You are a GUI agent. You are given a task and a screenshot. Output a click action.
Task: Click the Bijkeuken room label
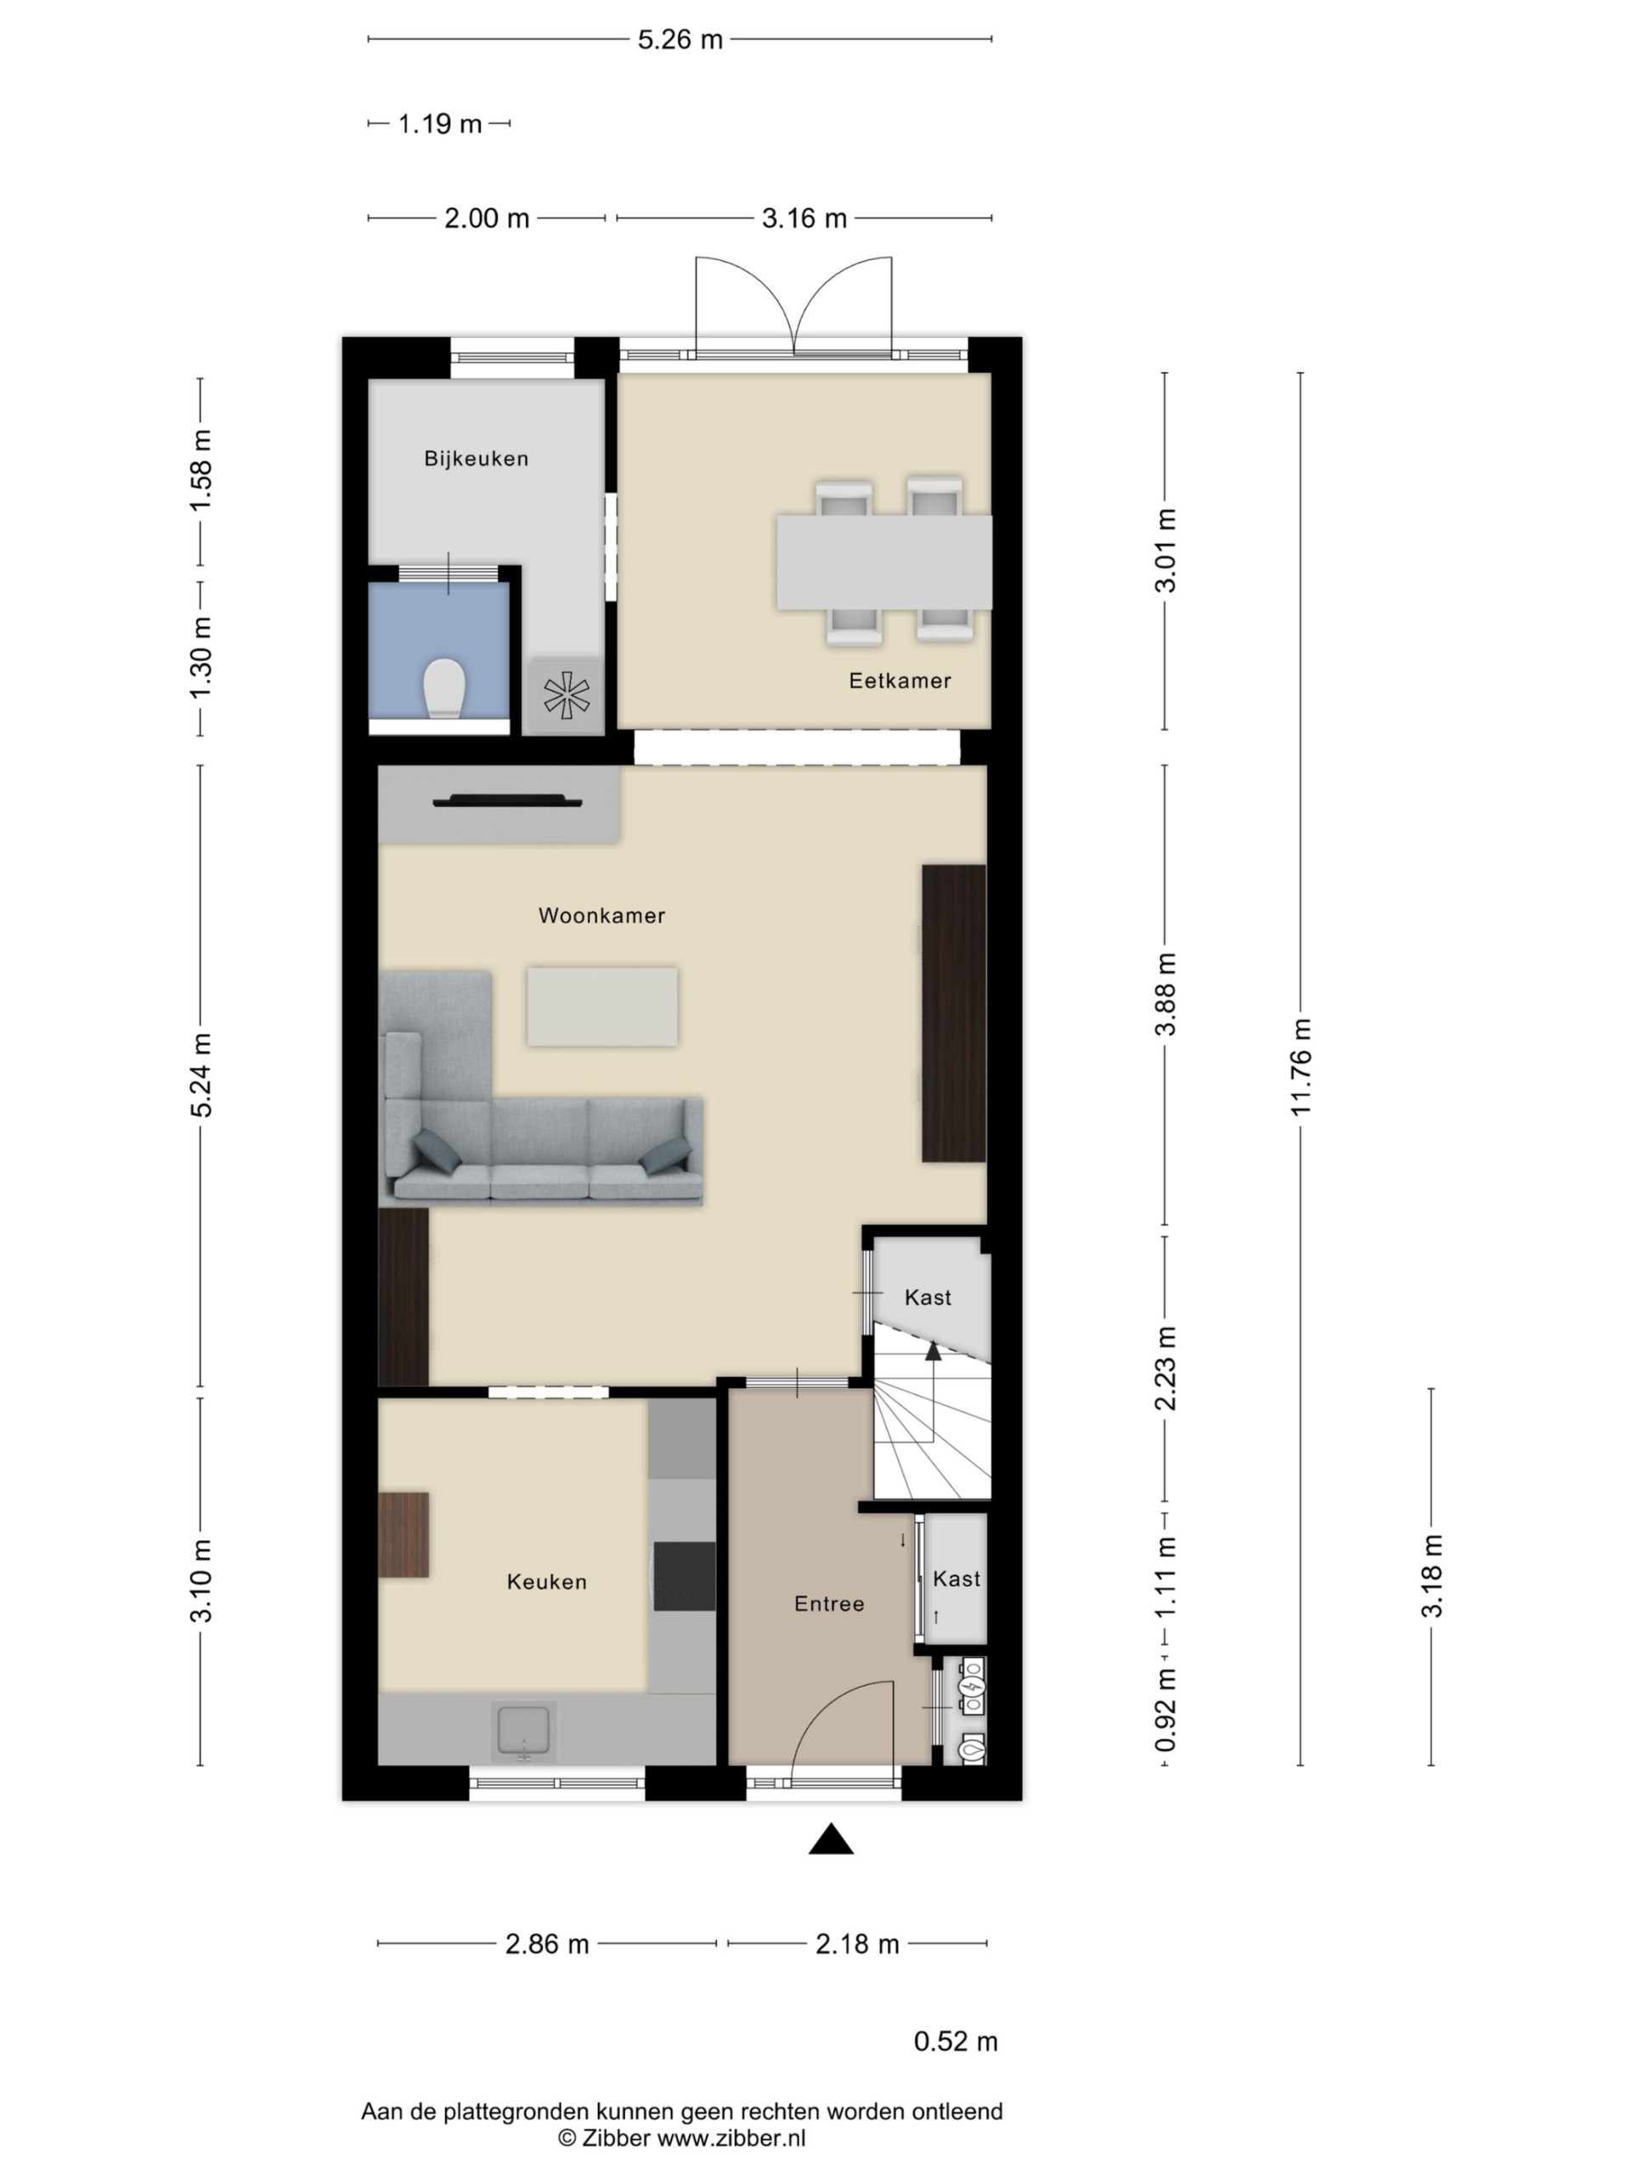tap(476, 458)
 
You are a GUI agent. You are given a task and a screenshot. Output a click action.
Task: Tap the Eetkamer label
tap(900, 681)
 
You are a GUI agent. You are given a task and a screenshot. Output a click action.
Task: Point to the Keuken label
tap(546, 1582)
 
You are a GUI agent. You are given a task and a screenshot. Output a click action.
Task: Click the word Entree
tap(829, 1604)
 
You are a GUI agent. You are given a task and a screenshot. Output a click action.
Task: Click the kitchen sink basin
tap(524, 1732)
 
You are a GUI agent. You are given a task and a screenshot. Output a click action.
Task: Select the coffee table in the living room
tap(601, 1006)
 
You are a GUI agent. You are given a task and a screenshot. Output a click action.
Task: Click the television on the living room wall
tap(507, 800)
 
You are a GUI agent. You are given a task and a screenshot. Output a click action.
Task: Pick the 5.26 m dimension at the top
tap(680, 39)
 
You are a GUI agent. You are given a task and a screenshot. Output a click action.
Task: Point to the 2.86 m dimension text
tap(546, 1944)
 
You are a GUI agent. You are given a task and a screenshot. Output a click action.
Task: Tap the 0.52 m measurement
tap(956, 2042)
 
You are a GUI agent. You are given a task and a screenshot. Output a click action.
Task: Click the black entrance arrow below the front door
tap(831, 1839)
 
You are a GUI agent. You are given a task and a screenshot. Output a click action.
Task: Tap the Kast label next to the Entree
tap(957, 1579)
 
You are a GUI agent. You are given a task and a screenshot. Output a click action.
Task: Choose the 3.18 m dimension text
tap(1431, 1576)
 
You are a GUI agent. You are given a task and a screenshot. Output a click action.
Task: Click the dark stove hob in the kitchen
tap(684, 1576)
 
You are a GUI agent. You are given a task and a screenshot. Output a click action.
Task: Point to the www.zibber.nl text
tap(731, 2138)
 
